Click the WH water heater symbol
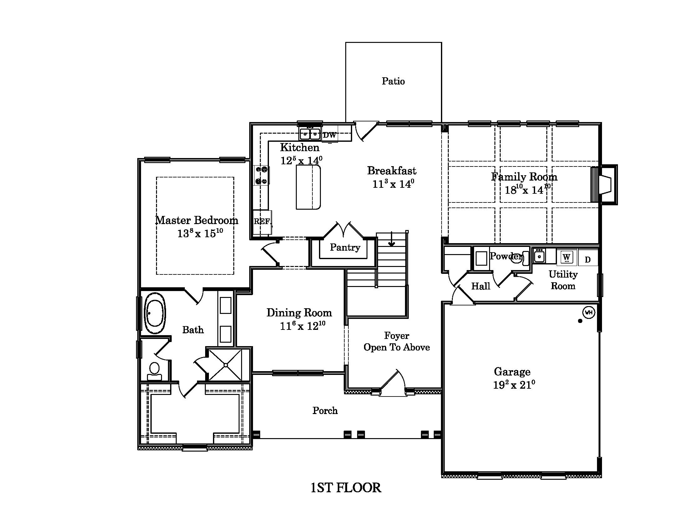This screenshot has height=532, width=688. pos(589,313)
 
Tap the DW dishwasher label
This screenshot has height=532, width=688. pos(330,135)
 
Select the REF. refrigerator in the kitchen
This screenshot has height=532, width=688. pos(262,222)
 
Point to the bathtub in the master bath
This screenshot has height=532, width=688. pos(155,313)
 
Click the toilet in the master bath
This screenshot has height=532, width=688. pos(154,371)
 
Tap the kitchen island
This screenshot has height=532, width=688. pos(308,187)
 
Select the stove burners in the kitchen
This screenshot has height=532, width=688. pos(261,176)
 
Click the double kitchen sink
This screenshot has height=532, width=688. pos(310,134)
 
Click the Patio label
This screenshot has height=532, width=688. pos(393,81)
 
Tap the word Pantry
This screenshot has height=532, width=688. pos(345,248)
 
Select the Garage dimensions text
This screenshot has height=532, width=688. pos(514,385)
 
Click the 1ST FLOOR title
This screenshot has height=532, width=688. pos(346,488)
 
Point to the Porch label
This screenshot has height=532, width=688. pos(325,410)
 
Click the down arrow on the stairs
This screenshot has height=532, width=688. pos(392,239)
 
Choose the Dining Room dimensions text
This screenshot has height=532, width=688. pos(302,325)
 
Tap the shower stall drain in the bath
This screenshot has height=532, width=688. pos(226,365)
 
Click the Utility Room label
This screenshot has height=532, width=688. pos(563,280)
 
